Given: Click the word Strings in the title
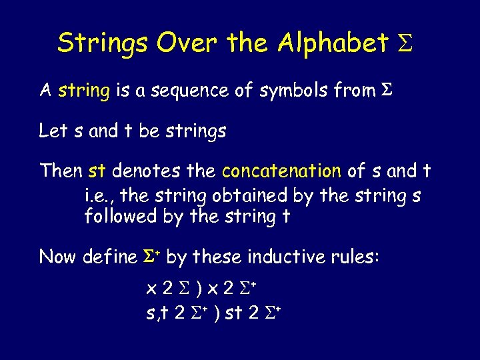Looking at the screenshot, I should point(103,43).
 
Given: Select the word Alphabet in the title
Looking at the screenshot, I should point(332,43).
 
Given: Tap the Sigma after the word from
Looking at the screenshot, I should point(385,90).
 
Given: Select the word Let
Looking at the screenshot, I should point(53,131).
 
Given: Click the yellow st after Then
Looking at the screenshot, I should point(97,171).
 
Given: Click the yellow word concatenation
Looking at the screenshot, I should point(281,171).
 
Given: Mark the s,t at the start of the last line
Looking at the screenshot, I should point(157,312).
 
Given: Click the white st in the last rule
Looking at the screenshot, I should point(233,312).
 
